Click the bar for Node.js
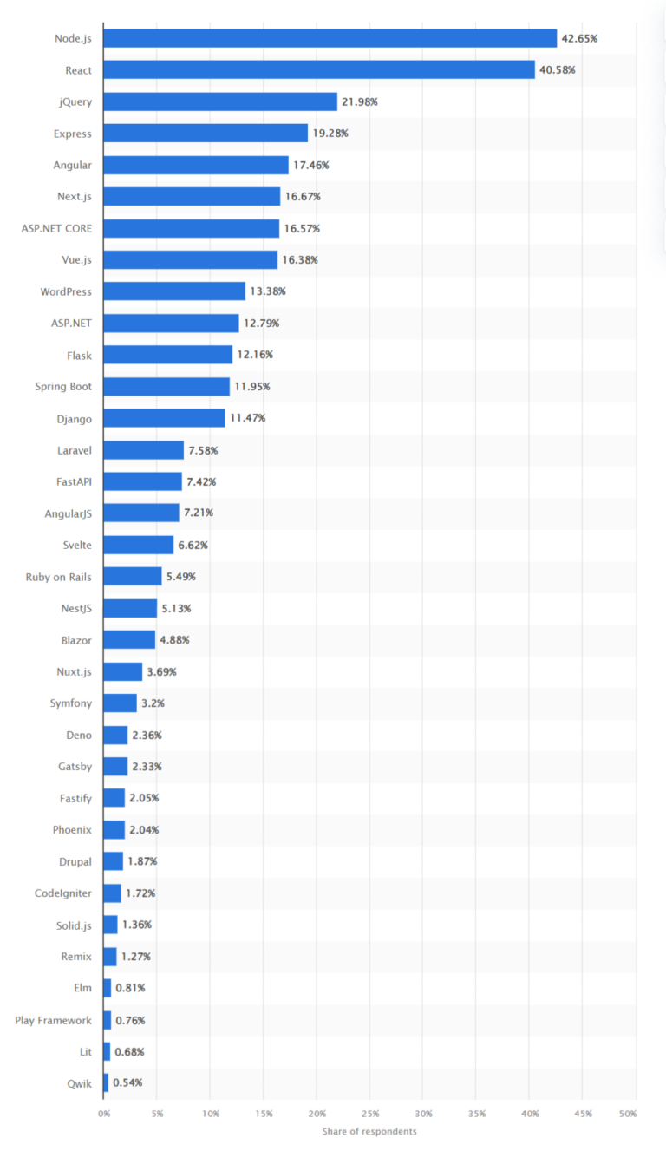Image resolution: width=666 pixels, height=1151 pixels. click(330, 38)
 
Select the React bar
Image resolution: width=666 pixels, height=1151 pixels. click(319, 69)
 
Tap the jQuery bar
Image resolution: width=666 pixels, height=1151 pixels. click(220, 101)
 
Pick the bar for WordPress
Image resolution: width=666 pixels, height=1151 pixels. click(174, 291)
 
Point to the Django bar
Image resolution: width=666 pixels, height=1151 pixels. click(164, 418)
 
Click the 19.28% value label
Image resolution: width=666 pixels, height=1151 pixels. click(330, 134)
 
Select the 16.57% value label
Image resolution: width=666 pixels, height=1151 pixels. click(302, 228)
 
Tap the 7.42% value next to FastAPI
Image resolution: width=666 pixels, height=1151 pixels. click(201, 481)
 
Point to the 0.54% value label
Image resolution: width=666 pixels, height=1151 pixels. click(127, 1082)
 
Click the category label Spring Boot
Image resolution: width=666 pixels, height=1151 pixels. click(63, 386)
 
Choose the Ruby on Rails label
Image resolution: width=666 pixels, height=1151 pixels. click(59, 576)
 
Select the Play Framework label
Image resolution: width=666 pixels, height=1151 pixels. click(53, 1020)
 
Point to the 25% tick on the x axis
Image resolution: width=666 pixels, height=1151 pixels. click(370, 1113)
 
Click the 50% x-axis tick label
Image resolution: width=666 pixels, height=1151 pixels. click(627, 1113)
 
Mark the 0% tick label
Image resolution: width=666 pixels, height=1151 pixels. click(104, 1113)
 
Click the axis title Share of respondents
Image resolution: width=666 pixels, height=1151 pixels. click(369, 1131)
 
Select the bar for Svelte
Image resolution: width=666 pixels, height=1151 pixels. click(139, 545)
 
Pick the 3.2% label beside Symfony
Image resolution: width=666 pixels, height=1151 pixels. click(153, 703)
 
